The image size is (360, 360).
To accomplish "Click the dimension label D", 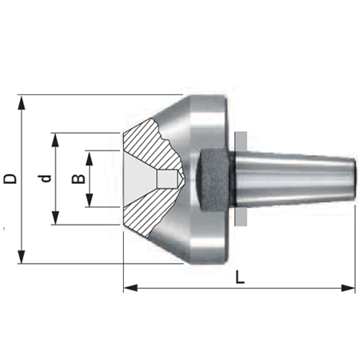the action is coord(10,179).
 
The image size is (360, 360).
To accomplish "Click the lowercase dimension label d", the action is coord(44,178).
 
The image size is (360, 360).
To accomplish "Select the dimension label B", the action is coord(78,179).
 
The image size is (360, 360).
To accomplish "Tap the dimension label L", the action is coord(240,277).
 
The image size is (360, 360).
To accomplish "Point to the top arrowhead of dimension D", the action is coord(22,103).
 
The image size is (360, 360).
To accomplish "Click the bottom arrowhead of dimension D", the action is coord(22,257).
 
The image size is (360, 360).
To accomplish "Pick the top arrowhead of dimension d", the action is coord(55,140).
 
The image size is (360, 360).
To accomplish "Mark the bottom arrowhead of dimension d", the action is coord(55,218).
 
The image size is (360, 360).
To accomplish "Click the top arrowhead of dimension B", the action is coord(90,158).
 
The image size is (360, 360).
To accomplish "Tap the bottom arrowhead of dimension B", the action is coord(90,200).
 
